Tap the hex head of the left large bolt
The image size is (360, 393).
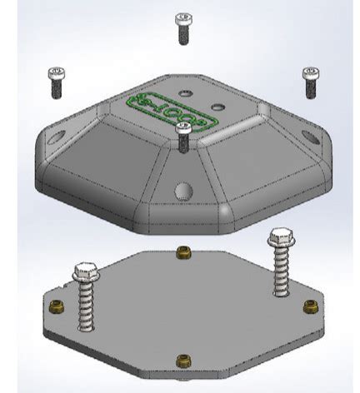coord(86,271)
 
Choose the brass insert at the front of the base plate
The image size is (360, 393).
coord(184,360)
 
